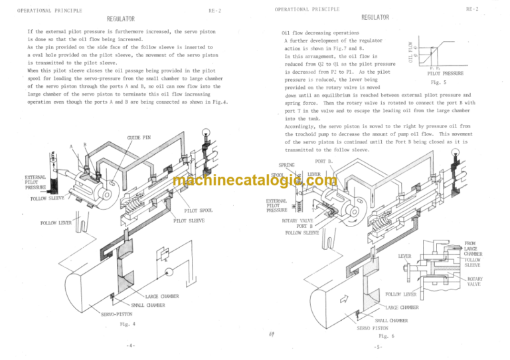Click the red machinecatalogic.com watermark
point(255,181)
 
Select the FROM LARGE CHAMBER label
point(473,249)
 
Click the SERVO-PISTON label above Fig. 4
point(118,313)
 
